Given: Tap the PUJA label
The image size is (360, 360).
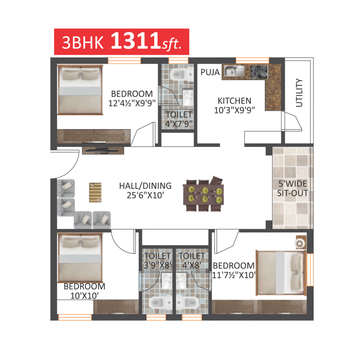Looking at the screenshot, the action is [210, 72].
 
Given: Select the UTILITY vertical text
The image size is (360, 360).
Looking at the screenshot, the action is [299, 93].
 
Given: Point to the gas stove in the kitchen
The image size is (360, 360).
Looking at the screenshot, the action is [259, 71].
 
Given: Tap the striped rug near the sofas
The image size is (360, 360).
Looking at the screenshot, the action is [95, 192].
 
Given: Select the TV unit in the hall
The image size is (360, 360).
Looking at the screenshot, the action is [103, 150].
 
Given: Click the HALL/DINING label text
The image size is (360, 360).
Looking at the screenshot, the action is [145, 186].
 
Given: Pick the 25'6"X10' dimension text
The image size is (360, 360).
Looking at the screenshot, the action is [145, 195].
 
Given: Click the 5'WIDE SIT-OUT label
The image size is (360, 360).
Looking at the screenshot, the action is [292, 188].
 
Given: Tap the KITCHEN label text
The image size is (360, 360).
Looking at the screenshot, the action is [234, 101].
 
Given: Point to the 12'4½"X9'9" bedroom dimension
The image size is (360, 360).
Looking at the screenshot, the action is [132, 103].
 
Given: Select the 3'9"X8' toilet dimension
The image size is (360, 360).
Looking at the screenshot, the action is [158, 265].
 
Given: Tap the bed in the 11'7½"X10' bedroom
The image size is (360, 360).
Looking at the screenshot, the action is [281, 272].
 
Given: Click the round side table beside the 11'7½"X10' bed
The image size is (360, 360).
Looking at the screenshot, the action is [300, 243].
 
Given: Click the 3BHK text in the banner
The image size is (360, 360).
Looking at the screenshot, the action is [83, 43].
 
